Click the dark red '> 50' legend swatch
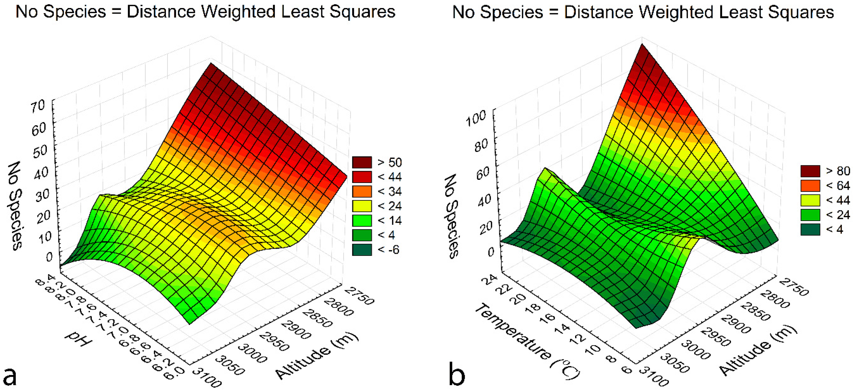tap(362, 162)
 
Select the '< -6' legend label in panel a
tap(388, 250)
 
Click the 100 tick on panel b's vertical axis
tap(475, 118)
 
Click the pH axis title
tap(78, 339)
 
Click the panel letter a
tap(10, 377)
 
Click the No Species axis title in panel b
tap(452, 216)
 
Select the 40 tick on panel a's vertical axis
tap(41, 173)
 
